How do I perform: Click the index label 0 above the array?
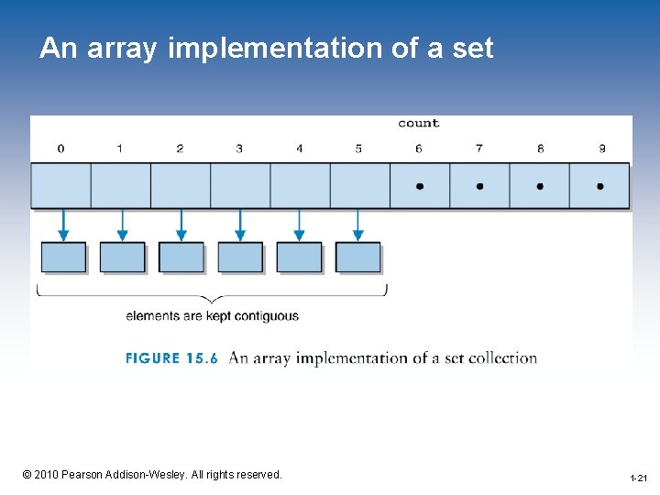click(60, 148)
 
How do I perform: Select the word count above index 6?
click(418, 123)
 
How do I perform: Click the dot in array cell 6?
click(419, 186)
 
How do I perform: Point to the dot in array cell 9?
click(599, 186)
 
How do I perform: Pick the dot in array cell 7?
click(479, 186)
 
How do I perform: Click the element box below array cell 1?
click(122, 258)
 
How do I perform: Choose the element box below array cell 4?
click(299, 258)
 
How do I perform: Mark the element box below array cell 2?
click(181, 258)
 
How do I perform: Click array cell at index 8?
click(539, 186)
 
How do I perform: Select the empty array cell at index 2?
click(181, 186)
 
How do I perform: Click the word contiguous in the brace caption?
click(267, 316)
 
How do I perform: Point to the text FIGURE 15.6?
click(171, 358)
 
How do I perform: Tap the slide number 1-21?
click(638, 478)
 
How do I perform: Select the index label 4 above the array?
click(299, 148)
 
